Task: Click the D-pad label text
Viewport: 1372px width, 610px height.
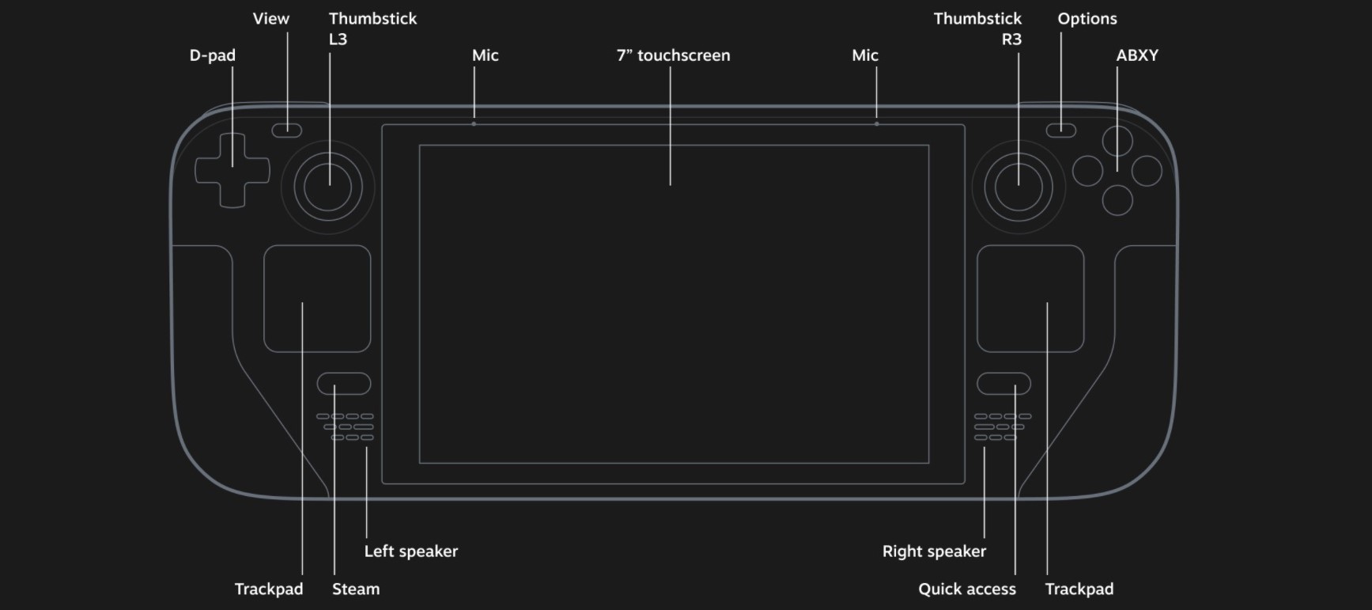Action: click(x=212, y=55)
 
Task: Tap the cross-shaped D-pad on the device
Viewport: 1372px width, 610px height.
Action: click(x=232, y=171)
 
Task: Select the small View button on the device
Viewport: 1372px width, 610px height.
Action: click(x=287, y=131)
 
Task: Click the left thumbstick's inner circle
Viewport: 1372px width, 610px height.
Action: click(x=328, y=187)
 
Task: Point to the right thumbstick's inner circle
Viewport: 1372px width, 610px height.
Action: click(x=1019, y=187)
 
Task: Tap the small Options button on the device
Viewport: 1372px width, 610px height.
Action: click(x=1060, y=131)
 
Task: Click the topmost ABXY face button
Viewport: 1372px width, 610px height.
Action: click(x=1117, y=141)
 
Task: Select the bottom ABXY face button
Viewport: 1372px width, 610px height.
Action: click(x=1117, y=200)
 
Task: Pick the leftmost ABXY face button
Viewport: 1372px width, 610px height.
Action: click(x=1087, y=171)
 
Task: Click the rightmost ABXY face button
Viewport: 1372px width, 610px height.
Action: click(x=1147, y=171)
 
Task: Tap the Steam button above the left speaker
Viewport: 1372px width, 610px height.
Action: click(x=344, y=384)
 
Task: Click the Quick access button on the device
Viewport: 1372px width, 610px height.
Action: click(x=1003, y=384)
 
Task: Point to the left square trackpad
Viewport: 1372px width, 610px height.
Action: click(x=317, y=298)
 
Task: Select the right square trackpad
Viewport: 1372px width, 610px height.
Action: click(x=1030, y=298)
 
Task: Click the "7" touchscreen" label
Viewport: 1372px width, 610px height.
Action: click(x=673, y=55)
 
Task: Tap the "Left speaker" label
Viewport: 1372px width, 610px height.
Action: click(x=410, y=551)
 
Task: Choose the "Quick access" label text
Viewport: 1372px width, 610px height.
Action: click(x=966, y=589)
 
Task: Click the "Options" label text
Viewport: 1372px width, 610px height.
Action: click(x=1087, y=19)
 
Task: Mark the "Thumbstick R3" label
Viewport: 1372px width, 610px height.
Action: click(x=977, y=28)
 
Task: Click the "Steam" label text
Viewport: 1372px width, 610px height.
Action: click(x=356, y=589)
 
